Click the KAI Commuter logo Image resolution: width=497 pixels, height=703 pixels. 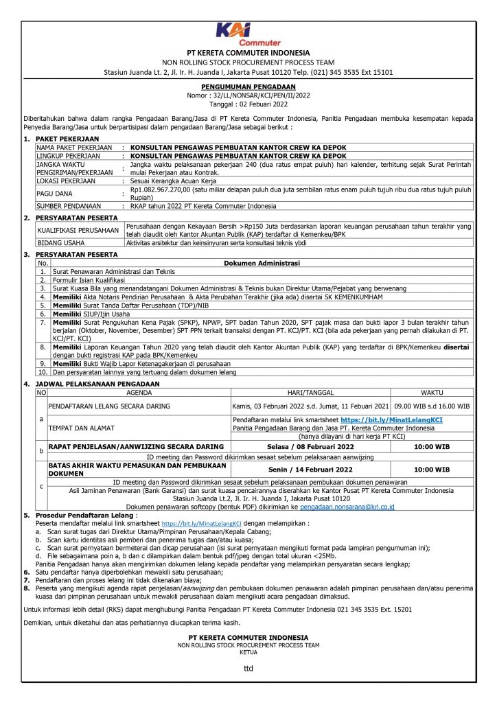[x=248, y=34]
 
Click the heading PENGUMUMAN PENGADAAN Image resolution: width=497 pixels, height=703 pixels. [x=248, y=88]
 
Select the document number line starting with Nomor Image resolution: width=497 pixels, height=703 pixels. [x=248, y=96]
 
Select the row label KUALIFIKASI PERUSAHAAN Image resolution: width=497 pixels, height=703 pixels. [x=77, y=231]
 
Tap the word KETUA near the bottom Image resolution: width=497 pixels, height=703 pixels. [x=248, y=652]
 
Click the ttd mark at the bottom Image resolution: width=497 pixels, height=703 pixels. [x=248, y=667]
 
